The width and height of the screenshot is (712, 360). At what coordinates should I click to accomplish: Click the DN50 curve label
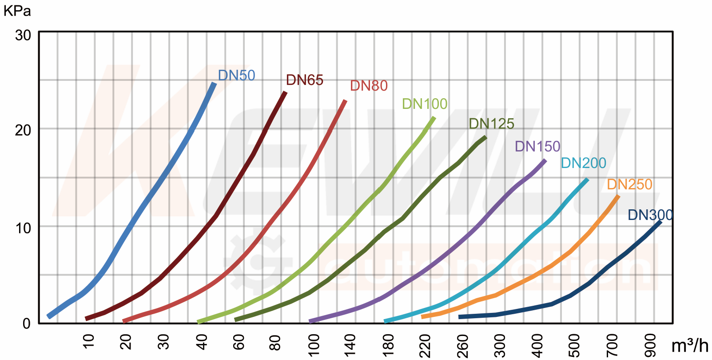[236, 76]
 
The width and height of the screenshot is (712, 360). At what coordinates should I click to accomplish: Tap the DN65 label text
[304, 80]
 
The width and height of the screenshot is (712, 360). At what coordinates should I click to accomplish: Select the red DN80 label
[369, 86]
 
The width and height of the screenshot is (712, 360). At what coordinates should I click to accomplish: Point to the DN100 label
[425, 104]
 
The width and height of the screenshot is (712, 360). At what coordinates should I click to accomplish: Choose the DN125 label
[491, 124]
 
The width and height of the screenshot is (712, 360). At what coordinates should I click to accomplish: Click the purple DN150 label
[537, 146]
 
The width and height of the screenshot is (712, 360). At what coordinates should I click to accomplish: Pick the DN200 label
[583, 163]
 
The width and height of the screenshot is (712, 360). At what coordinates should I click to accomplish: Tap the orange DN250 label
[629, 184]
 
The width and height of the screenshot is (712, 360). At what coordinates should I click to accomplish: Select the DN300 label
[650, 215]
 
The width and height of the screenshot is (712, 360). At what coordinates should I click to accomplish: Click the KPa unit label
[17, 11]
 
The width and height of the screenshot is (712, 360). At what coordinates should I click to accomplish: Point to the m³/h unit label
[689, 345]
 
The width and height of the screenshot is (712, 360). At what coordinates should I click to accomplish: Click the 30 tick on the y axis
[23, 35]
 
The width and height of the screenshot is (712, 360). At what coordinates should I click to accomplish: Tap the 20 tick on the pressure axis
[23, 130]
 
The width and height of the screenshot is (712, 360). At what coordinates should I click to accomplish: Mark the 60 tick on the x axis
[239, 342]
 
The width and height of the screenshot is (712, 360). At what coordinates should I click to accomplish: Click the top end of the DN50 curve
[215, 84]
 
